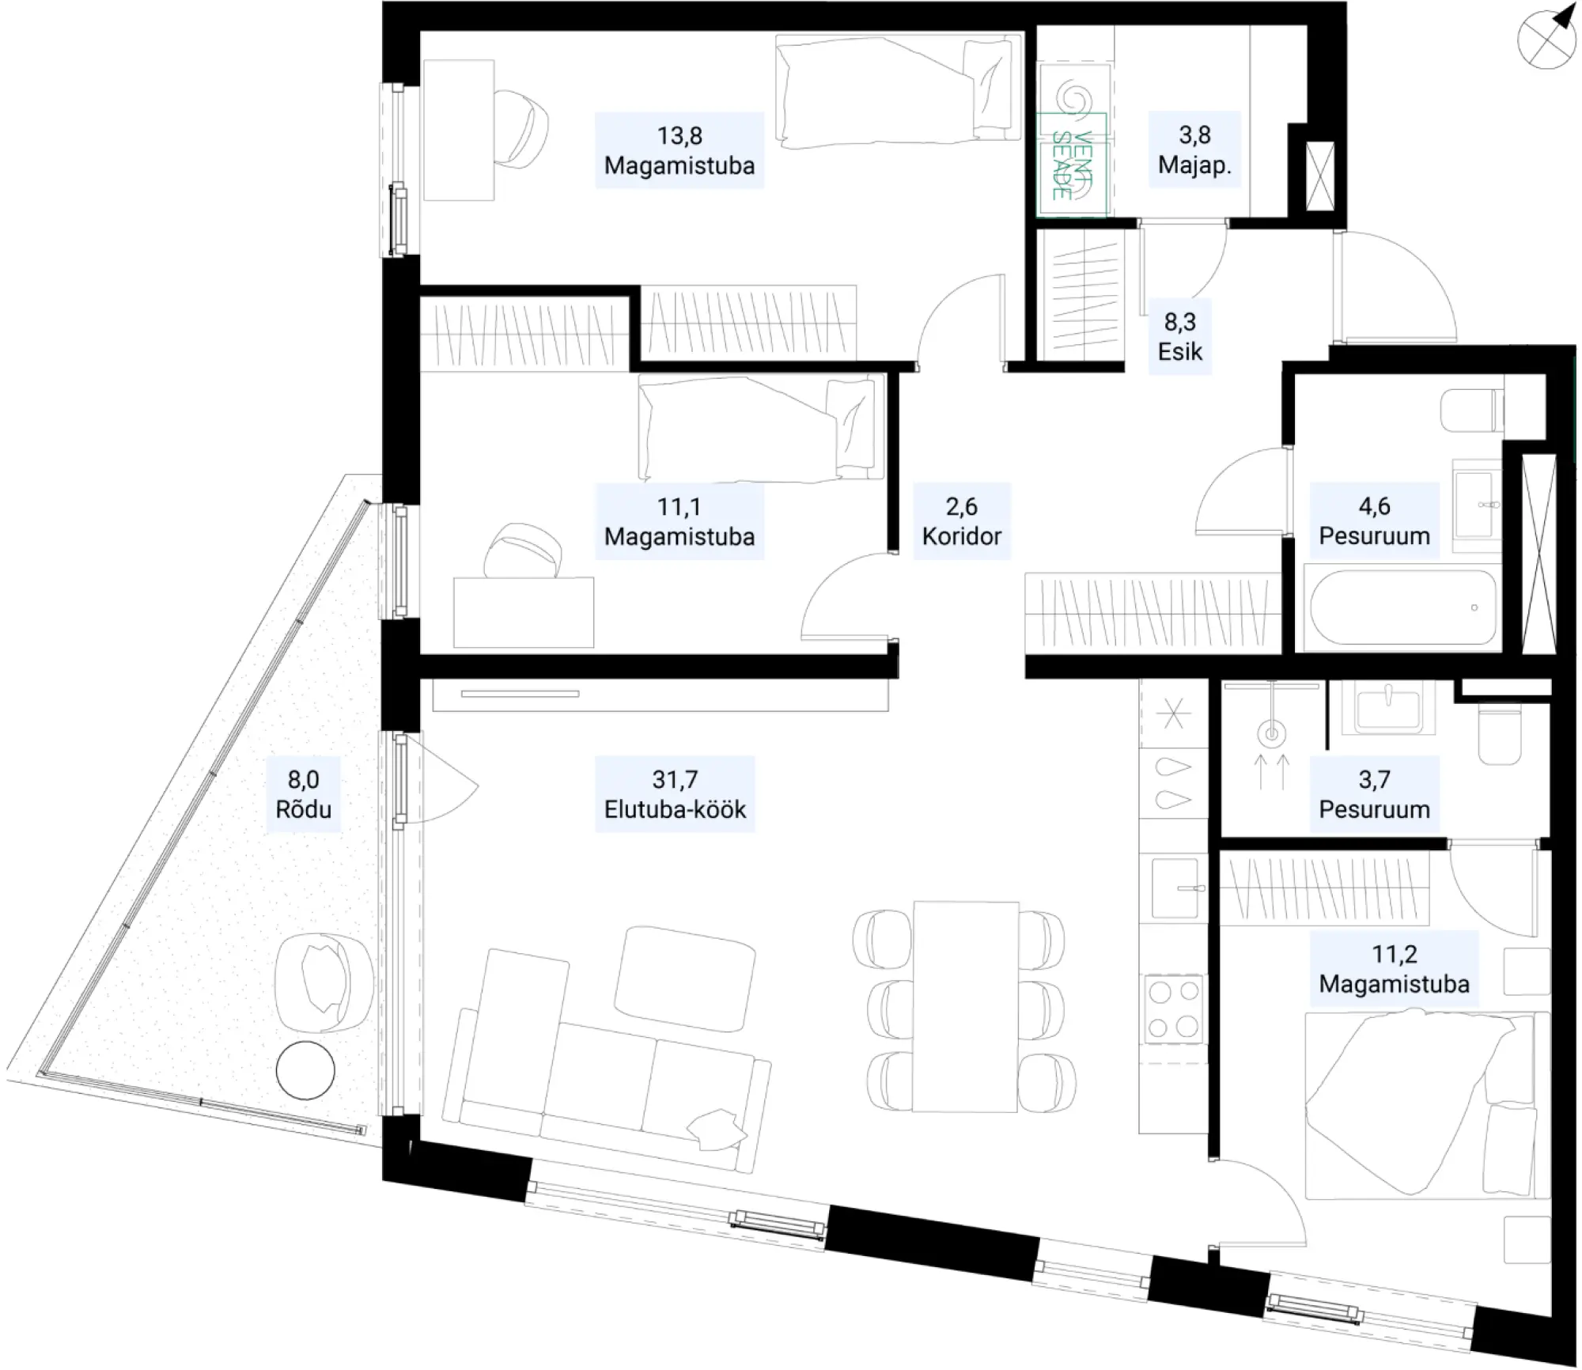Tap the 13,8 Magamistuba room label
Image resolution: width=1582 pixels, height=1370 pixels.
click(679, 150)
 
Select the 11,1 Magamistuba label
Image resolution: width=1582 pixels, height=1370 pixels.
click(679, 521)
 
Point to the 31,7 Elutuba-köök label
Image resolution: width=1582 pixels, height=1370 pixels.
click(675, 794)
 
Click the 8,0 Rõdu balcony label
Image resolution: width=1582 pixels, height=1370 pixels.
click(304, 794)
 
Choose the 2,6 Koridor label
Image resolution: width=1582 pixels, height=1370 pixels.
click(962, 521)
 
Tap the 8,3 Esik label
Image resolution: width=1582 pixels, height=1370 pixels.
click(1180, 336)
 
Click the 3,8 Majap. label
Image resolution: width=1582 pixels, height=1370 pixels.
click(1194, 150)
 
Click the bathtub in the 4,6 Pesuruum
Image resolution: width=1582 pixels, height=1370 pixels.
click(1402, 607)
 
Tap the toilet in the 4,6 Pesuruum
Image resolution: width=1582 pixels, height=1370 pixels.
click(1471, 411)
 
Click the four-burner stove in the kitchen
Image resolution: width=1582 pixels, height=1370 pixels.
click(1173, 1009)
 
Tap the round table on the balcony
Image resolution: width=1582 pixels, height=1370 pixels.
click(305, 1070)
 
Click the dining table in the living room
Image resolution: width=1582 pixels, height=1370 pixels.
click(965, 1006)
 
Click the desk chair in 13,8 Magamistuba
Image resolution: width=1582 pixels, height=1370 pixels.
click(520, 129)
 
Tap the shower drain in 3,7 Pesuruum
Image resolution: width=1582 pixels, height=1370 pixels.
click(1271, 735)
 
